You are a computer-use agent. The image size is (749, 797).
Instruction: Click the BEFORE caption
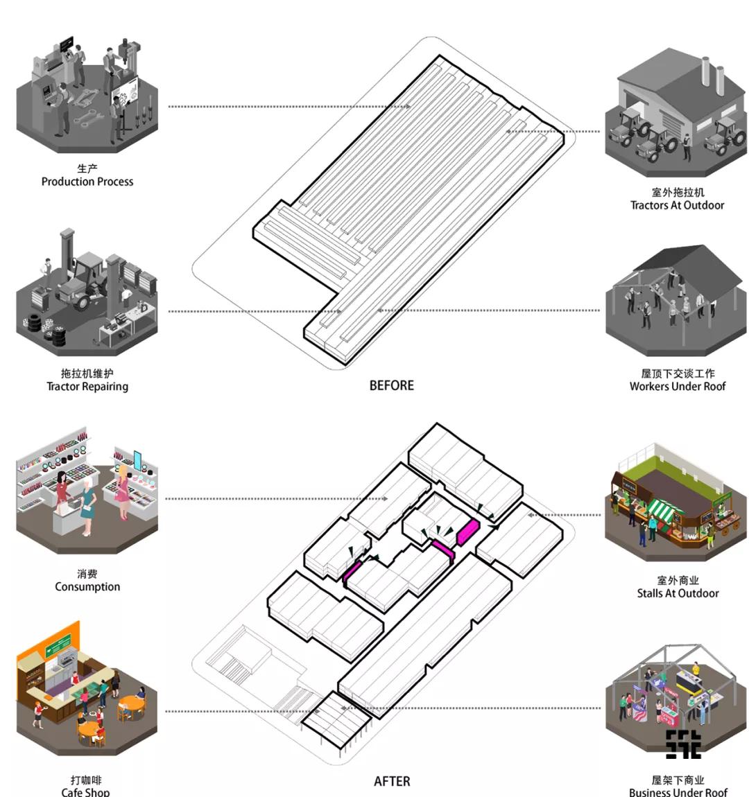[x=392, y=385]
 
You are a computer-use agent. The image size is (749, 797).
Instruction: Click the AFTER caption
[x=392, y=781]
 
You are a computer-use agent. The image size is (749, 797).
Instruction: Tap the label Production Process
[x=87, y=182]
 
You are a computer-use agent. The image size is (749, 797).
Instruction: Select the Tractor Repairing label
[x=87, y=386]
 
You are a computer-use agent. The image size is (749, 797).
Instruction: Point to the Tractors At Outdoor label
[x=678, y=205]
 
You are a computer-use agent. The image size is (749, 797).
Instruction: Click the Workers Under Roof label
[x=678, y=386]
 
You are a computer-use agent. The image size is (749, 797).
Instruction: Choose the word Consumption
[x=87, y=586]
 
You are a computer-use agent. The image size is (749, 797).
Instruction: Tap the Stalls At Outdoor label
[x=678, y=593]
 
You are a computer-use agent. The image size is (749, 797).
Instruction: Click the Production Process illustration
[x=87, y=94]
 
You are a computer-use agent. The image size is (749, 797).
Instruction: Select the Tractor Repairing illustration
[x=87, y=292]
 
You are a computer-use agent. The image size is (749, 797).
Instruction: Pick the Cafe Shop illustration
[x=87, y=689]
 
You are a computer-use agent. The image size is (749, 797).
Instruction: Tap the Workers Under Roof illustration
[x=675, y=300]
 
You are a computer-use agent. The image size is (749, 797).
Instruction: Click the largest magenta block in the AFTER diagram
[x=468, y=532]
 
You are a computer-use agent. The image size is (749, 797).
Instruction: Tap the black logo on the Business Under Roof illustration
[x=684, y=744]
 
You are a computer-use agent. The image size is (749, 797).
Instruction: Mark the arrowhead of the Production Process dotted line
[x=408, y=106]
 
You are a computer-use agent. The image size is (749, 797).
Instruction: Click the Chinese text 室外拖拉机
[x=678, y=192]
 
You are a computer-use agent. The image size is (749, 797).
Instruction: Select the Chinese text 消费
[x=87, y=574]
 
